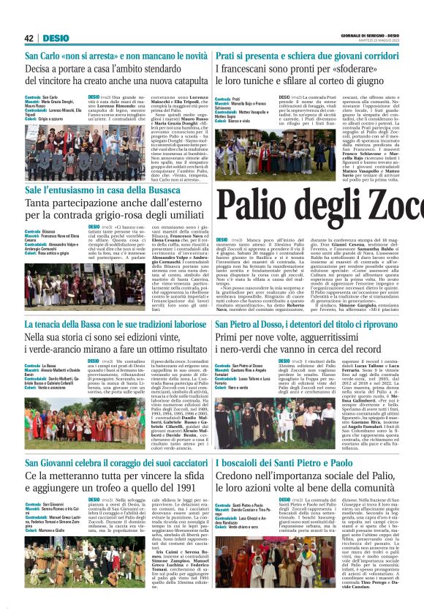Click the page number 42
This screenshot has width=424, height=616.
[x=29, y=38]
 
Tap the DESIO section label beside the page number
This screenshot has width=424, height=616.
[x=56, y=38]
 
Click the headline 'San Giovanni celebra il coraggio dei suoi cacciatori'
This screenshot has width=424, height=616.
[x=116, y=462]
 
